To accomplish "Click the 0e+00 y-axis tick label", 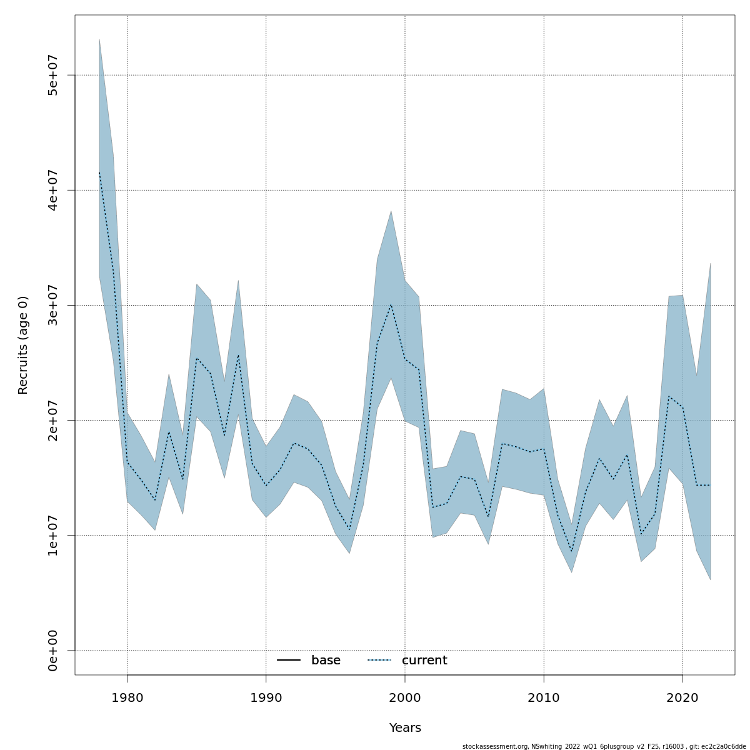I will coord(53,651).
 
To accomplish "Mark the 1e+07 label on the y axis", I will coord(53,536).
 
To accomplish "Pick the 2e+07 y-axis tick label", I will coord(53,421).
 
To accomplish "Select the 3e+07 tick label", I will coord(53,306).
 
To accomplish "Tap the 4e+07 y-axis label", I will coord(53,191).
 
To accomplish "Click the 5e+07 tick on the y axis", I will coord(53,76).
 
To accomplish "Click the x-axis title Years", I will coord(405,728).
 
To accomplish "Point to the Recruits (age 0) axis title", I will coord(23,345).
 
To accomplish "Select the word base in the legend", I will coord(326,661).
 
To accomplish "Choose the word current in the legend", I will coord(424,661).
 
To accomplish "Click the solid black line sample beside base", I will coord(289,661).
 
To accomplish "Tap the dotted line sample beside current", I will coord(379,661).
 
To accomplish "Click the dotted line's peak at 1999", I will coord(391,304).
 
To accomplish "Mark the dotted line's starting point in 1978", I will coord(99,172).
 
